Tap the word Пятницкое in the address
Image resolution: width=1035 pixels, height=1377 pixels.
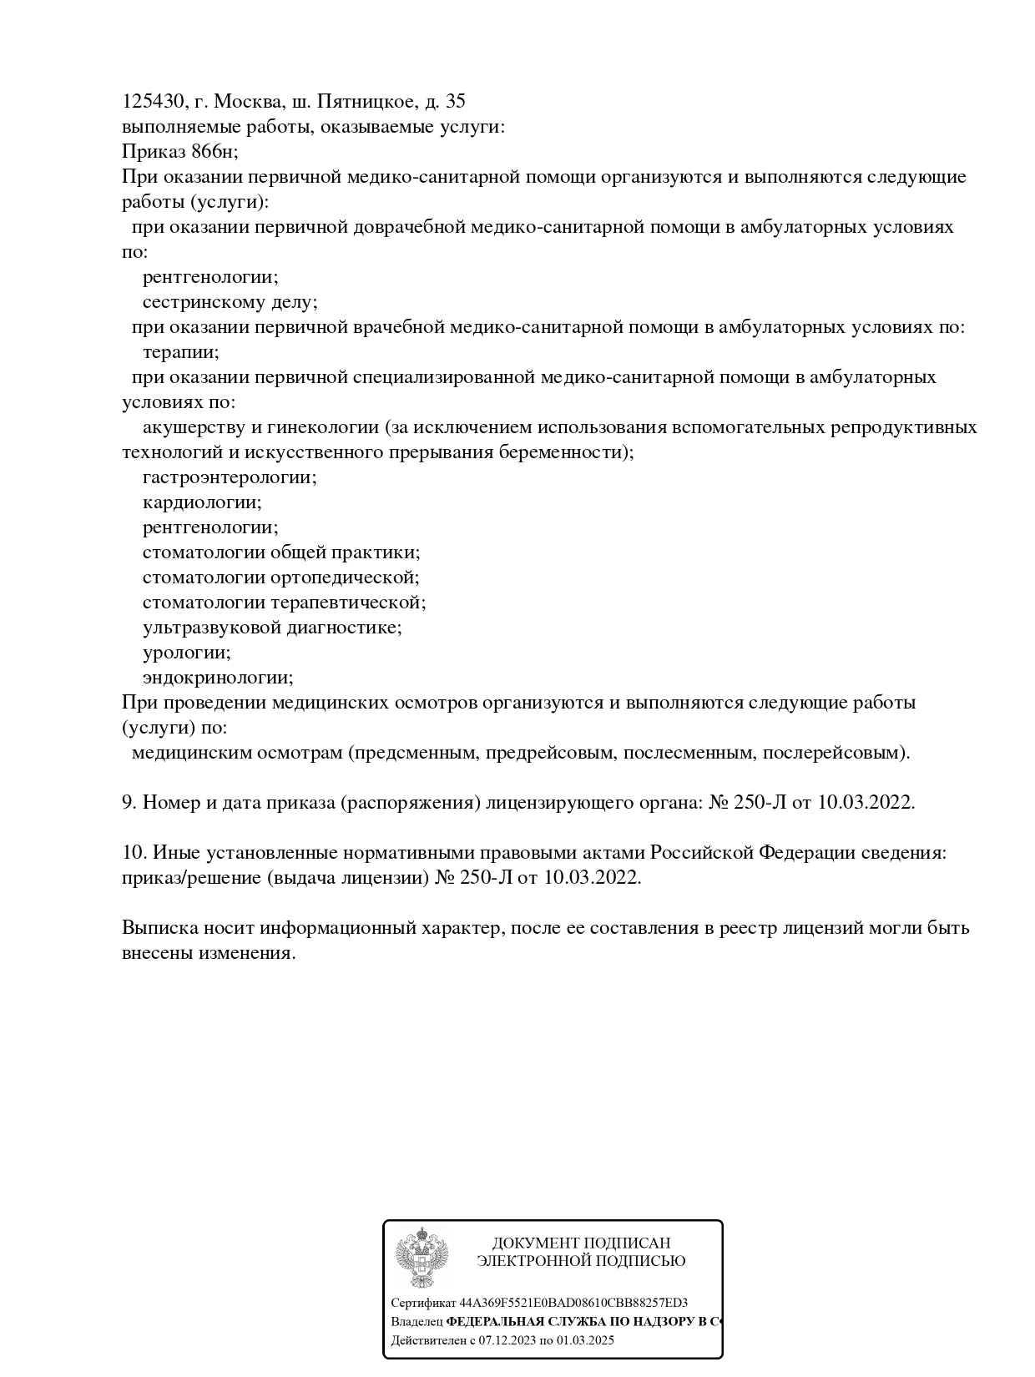(x=367, y=102)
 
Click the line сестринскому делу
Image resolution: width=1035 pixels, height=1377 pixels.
(x=230, y=302)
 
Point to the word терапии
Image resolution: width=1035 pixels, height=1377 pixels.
(x=180, y=352)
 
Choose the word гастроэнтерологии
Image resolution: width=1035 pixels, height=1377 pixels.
(x=229, y=477)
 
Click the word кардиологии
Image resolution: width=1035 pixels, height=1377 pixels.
(x=201, y=502)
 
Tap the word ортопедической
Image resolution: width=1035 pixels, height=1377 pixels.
(x=344, y=578)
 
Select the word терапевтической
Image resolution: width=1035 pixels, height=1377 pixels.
(x=347, y=603)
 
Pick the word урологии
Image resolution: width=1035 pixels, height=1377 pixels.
(x=186, y=653)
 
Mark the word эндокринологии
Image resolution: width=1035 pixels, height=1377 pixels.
(x=217, y=678)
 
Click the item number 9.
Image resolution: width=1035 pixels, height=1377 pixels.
(x=129, y=803)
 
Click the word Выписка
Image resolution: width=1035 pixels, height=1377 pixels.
(x=159, y=928)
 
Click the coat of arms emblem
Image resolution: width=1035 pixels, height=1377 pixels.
(x=422, y=1258)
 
